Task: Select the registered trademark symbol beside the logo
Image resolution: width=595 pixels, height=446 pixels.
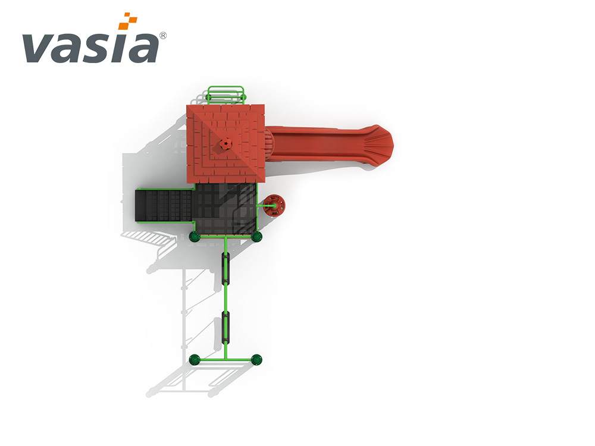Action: (163, 36)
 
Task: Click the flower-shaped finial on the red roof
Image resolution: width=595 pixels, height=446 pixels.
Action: (226, 144)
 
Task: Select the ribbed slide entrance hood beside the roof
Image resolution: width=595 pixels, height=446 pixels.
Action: (268, 145)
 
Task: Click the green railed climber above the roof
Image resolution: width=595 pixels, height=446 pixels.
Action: (226, 95)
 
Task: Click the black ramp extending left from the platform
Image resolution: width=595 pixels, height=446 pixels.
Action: (164, 205)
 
